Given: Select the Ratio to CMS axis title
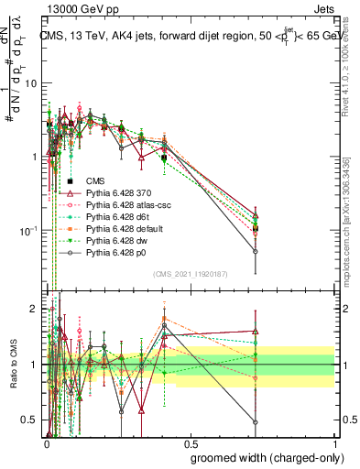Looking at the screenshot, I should click(x=13, y=366).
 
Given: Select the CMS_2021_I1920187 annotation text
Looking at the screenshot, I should click(x=190, y=273).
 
